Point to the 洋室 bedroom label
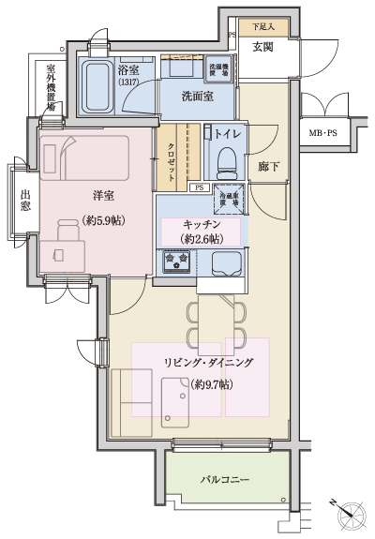coord(103,197)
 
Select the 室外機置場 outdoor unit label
coord(51,88)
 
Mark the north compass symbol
coord(349,513)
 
